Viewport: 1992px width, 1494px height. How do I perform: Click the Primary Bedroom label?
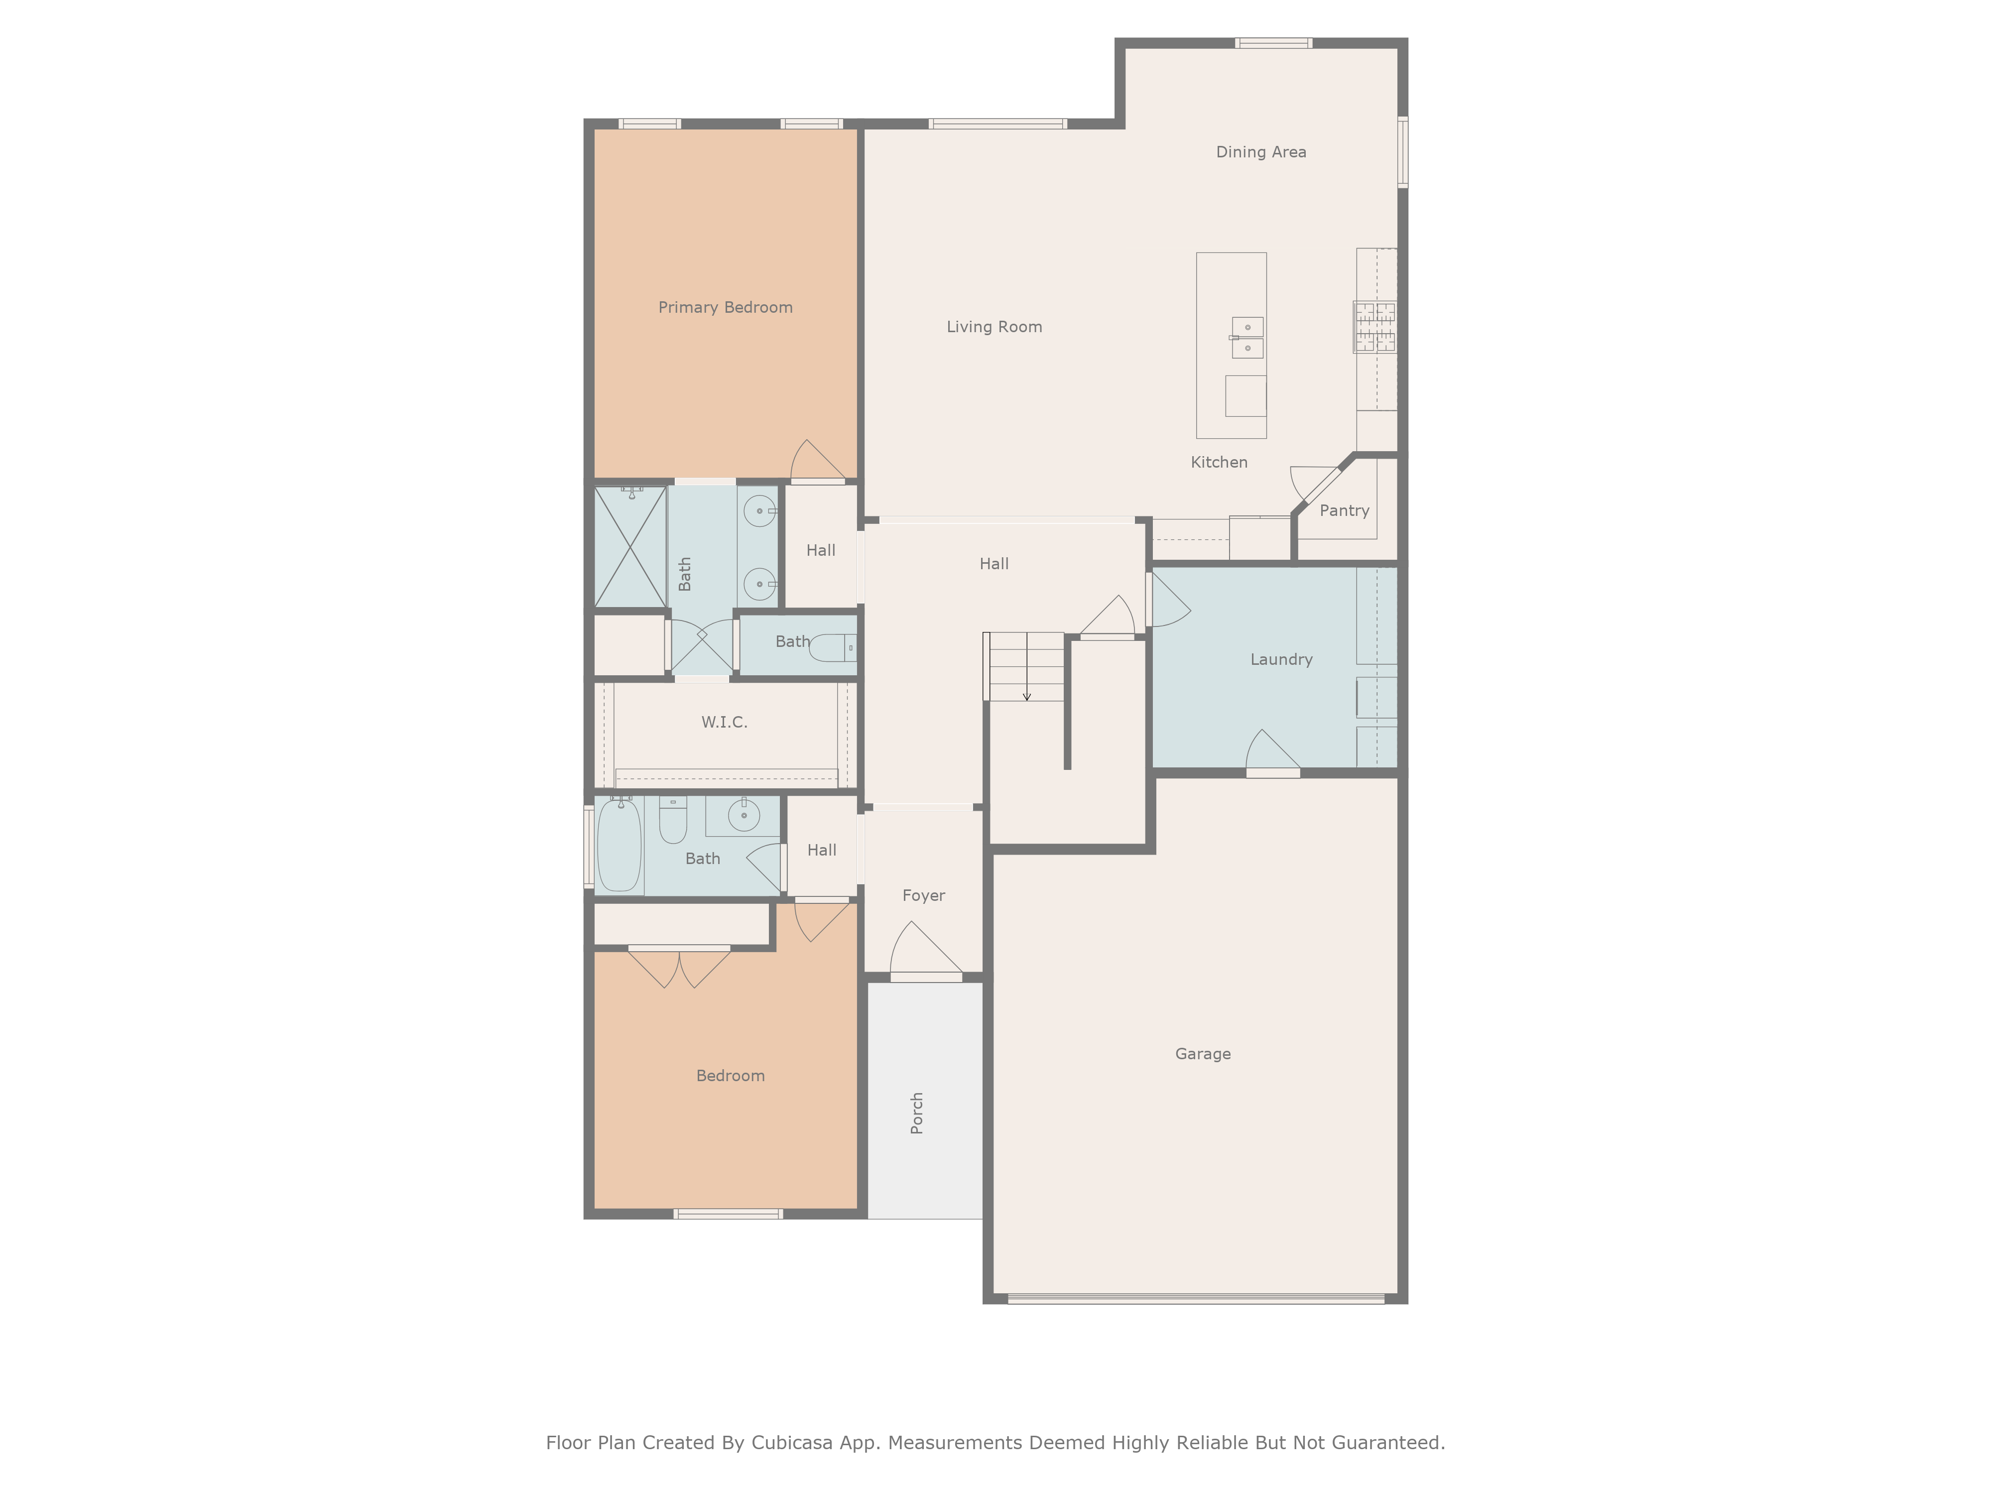[x=725, y=307]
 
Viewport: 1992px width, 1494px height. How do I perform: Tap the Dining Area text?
[x=1261, y=152]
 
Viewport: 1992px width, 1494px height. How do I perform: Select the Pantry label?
[x=1344, y=510]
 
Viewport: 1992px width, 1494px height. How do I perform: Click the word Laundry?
[x=1280, y=659]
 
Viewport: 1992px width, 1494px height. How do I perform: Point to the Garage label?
[x=1202, y=1054]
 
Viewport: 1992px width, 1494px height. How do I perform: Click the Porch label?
[x=917, y=1113]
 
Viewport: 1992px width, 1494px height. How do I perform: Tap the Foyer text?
[x=923, y=895]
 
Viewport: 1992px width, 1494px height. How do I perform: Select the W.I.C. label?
[x=724, y=722]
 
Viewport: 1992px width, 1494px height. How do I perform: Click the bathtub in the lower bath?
[x=619, y=845]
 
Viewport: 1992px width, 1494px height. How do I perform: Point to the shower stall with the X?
[x=629, y=547]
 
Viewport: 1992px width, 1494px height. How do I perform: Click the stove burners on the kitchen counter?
[x=1375, y=327]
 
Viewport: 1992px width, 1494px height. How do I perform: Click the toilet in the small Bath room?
[x=833, y=647]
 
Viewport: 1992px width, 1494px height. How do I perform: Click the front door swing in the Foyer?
[x=925, y=950]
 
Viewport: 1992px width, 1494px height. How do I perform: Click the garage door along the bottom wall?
[x=1195, y=1299]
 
